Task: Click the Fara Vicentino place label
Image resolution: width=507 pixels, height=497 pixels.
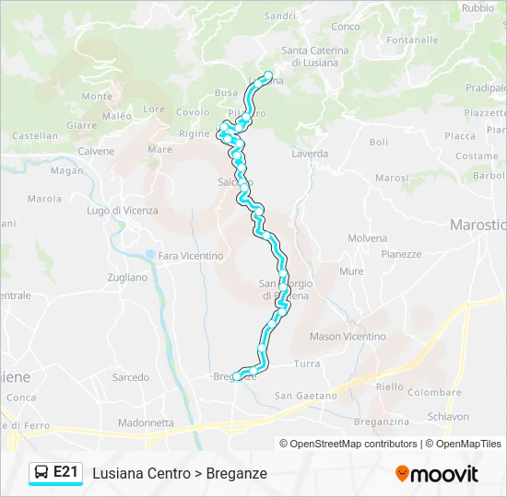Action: pyautogui.click(x=191, y=256)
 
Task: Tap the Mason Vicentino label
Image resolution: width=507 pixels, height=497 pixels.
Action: pyautogui.click(x=348, y=337)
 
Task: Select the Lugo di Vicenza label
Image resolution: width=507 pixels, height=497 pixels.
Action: pyautogui.click(x=123, y=211)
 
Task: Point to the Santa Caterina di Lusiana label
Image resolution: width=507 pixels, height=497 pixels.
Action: pyautogui.click(x=315, y=56)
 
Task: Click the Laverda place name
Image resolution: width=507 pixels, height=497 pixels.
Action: pyautogui.click(x=310, y=154)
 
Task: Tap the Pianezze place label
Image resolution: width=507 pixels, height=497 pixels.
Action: pyautogui.click(x=401, y=255)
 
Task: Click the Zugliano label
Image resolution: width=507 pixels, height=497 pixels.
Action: pyautogui.click(x=127, y=277)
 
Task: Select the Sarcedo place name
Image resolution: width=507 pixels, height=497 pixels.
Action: pyautogui.click(x=131, y=377)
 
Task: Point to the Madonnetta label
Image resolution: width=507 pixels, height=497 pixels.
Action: pyautogui.click(x=146, y=423)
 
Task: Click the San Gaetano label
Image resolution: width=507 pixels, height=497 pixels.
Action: pyautogui.click(x=306, y=396)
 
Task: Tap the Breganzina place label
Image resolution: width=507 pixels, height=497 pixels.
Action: pyautogui.click(x=381, y=421)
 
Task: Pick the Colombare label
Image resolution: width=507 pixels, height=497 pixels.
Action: pyautogui.click(x=434, y=392)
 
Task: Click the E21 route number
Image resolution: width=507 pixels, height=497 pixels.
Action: pyautogui.click(x=65, y=472)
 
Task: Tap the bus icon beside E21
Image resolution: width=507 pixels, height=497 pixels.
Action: pyautogui.click(x=41, y=473)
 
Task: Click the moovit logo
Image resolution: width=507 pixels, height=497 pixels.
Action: pyautogui.click(x=437, y=474)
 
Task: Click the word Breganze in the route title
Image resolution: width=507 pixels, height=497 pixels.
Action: pyautogui.click(x=237, y=473)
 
